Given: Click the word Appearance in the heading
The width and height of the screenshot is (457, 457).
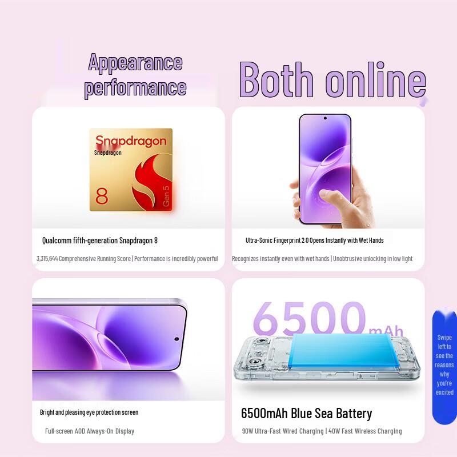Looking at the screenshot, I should coord(135,62).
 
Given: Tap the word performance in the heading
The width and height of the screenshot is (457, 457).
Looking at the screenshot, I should coord(135,87).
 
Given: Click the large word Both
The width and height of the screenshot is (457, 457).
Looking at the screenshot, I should coord(276,81).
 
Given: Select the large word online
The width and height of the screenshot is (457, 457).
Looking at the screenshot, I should coord(376,81).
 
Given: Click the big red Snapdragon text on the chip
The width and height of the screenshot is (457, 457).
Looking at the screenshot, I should coord(131,141).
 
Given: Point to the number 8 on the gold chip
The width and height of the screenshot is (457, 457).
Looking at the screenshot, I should coord(102,196).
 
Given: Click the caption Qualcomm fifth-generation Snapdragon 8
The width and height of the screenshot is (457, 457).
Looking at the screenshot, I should coord(100,240).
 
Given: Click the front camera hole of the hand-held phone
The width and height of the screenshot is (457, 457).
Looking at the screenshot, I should coord(324,119).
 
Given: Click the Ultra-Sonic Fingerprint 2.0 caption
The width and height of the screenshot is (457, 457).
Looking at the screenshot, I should coord(315,240).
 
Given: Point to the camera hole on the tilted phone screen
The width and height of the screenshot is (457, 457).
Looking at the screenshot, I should coord(177,339).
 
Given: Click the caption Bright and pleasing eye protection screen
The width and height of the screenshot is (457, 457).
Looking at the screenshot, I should coord(89,412).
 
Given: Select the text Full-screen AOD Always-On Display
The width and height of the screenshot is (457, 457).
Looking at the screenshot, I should coord(90,431).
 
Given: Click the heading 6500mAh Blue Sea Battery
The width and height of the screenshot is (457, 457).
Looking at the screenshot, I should coord(306,413).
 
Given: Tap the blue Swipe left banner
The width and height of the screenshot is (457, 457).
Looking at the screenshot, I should coord(444,366).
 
